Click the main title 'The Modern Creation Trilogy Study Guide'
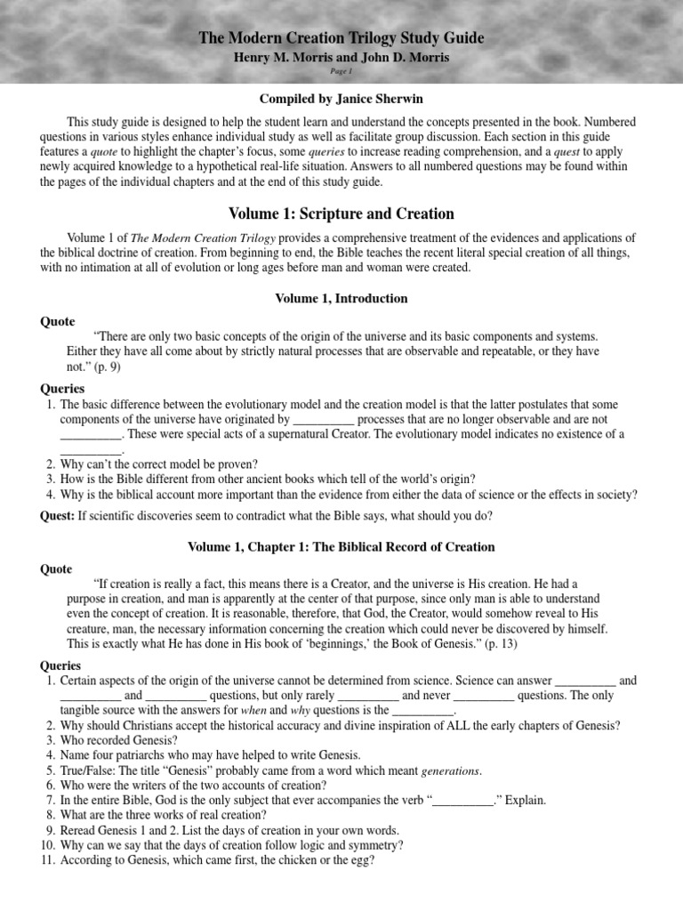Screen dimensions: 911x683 pyautogui.click(x=341, y=38)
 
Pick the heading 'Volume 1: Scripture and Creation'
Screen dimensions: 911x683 pyautogui.click(x=341, y=214)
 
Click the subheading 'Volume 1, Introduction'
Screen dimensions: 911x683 pyautogui.click(x=341, y=299)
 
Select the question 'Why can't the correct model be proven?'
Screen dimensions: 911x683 pyautogui.click(x=159, y=464)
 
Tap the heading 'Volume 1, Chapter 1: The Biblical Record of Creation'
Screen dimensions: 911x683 pyautogui.click(x=341, y=546)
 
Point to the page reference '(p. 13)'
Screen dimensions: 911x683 pyautogui.click(x=500, y=643)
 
